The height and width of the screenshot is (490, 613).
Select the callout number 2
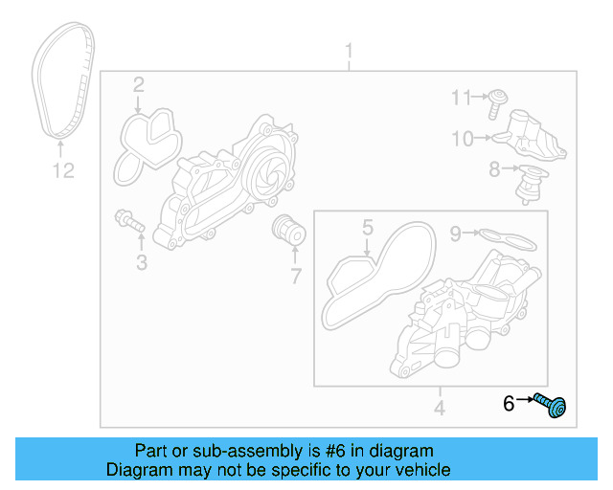coord(139,85)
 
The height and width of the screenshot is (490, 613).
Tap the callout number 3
coord(141,262)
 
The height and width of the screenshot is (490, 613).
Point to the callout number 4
coord(439,410)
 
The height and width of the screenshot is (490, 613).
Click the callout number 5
coord(366,227)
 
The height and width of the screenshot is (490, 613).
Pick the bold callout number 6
coord(510,404)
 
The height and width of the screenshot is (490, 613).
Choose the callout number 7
coord(295,278)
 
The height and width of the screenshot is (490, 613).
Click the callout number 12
coord(62,171)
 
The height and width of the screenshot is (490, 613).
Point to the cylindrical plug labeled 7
coord(286,231)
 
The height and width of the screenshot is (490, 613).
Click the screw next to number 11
coord(498,100)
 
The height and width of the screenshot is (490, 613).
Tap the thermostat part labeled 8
coord(526,182)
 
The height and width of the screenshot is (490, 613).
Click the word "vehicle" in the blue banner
coord(420,470)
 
